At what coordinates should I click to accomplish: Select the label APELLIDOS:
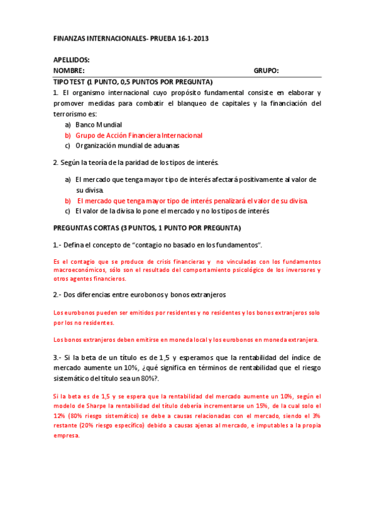[72, 59]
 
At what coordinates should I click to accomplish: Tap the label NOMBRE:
[69, 71]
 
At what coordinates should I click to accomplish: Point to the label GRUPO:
[266, 71]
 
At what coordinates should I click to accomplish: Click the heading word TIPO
[62, 82]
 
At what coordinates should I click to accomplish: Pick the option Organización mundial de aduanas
[127, 146]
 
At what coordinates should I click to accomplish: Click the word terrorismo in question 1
[74, 114]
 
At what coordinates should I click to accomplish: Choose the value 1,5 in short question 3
[164, 357]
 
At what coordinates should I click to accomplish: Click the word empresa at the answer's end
[67, 436]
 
